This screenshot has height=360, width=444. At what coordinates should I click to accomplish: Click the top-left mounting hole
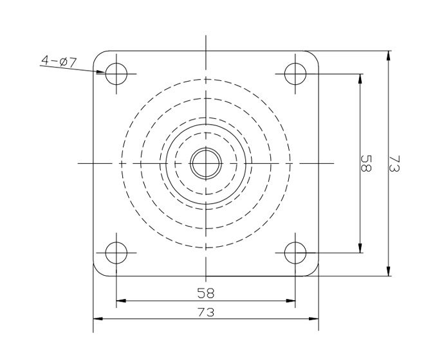coord(116,74)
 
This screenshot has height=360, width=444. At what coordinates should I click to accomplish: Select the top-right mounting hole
coord(295,74)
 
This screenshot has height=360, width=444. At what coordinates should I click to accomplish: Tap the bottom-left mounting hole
coord(116,253)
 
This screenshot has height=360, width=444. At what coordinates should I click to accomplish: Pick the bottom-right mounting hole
coord(295,253)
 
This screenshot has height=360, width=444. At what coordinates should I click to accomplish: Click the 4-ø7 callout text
coord(59,61)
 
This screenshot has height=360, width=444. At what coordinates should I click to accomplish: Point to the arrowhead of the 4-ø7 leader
coord(102,72)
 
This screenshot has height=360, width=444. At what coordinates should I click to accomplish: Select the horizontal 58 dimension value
coord(206,292)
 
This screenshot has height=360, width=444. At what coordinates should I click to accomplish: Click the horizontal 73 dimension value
coord(206,312)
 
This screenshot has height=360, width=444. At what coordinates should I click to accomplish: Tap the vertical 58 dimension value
coord(365,163)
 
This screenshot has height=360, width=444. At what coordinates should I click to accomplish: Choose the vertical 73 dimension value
coord(394,163)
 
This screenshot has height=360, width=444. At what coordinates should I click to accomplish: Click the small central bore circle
coord(206,163)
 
